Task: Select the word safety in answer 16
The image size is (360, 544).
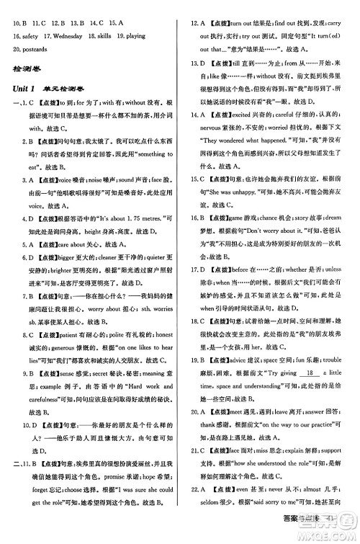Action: pyautogui.click(x=27, y=34)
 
